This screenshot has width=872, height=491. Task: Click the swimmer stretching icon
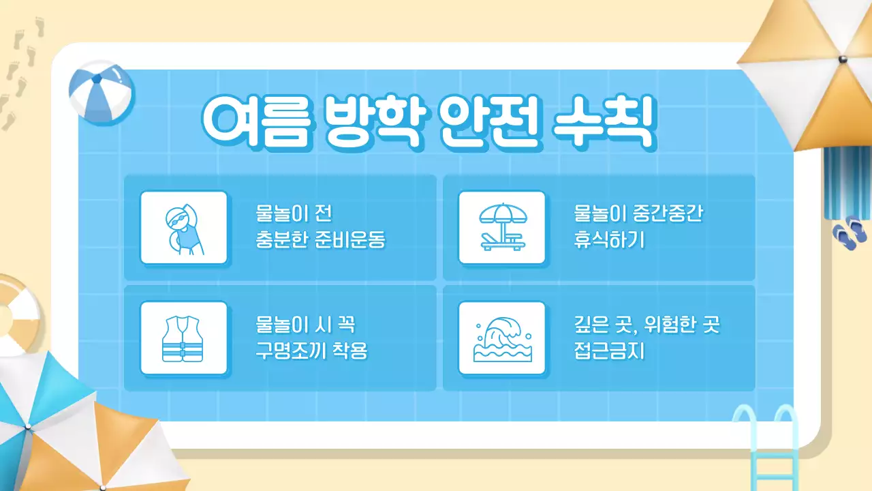coord(183,227)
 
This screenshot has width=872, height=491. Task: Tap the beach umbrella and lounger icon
coord(501,227)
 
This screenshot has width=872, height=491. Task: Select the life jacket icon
coord(183,338)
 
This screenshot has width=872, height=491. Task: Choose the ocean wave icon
coord(501,338)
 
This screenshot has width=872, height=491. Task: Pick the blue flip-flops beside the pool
coord(850,233)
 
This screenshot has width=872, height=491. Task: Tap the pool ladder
coord(766,443)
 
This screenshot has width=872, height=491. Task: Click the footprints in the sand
coord(18,75)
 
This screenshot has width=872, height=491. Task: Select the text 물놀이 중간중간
coord(638,215)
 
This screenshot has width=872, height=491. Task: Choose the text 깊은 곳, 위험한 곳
coord(647,326)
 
